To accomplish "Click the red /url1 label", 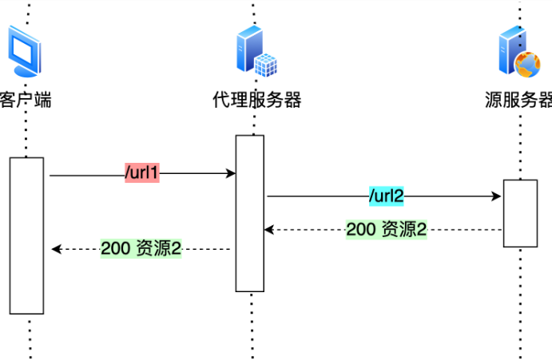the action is click(x=142, y=172).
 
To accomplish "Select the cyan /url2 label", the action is click(x=386, y=196).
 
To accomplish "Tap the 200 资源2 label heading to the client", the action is click(x=141, y=248).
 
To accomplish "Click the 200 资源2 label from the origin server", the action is click(x=386, y=229).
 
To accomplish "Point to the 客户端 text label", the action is click(x=26, y=100).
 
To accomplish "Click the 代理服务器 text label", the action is click(x=257, y=100).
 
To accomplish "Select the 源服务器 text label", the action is click(x=518, y=100).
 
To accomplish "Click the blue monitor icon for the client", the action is click(x=25, y=51).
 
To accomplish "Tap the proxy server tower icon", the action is click(x=256, y=51).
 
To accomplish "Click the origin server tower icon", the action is click(x=519, y=51).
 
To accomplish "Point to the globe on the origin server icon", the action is click(x=527, y=65).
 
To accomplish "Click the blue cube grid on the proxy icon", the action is click(x=266, y=65).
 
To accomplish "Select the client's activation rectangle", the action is click(x=26, y=235).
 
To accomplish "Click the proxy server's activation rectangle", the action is click(x=250, y=213).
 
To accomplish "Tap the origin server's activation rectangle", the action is click(x=520, y=213).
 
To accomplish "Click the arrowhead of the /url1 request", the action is click(x=231, y=173).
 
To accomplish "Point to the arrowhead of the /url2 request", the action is click(x=496, y=196).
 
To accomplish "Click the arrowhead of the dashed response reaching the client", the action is click(x=57, y=249).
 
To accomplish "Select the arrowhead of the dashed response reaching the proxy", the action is click(x=269, y=230).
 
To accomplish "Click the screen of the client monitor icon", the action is click(x=23, y=49).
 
